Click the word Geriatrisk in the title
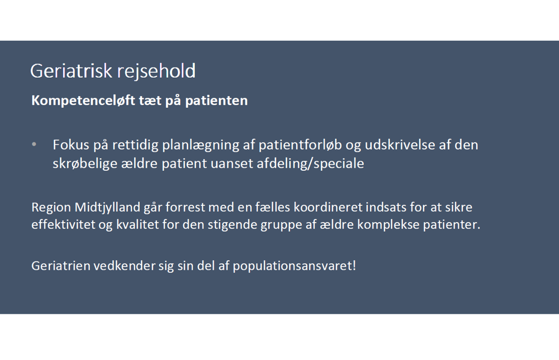71,71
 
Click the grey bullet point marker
34,144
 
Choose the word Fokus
71,145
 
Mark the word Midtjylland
107,207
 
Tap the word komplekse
389,225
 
